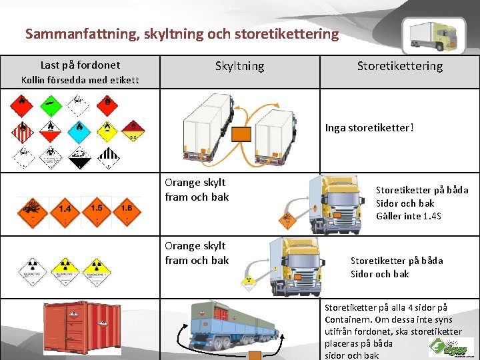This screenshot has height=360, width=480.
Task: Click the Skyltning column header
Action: (239, 66)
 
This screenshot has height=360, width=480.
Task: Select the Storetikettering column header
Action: (399, 65)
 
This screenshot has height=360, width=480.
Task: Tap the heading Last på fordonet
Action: (80, 65)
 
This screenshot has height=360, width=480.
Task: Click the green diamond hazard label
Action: (50, 104)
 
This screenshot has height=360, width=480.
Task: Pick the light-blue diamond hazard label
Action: (79, 130)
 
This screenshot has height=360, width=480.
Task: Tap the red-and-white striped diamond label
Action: (23, 131)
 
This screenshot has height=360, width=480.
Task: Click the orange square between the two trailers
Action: (241, 135)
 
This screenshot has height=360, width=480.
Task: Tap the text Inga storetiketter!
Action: (369, 127)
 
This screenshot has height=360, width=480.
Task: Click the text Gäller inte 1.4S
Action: (408, 216)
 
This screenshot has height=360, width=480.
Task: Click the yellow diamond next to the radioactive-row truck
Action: (249, 281)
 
